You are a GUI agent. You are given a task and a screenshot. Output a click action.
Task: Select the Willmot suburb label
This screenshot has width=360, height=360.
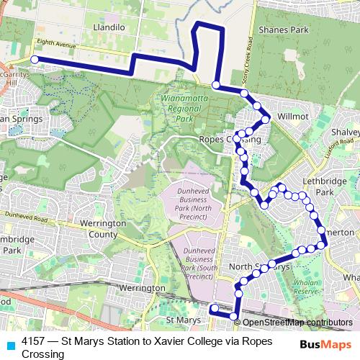coord(292,115)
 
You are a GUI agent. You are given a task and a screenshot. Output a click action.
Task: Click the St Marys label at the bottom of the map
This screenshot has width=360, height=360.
coord(181,318)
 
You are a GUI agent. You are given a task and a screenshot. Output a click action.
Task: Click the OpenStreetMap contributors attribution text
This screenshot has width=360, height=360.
coord(297,322)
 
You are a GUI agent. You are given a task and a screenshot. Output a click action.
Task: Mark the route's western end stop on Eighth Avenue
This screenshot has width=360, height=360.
coord(34,60)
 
